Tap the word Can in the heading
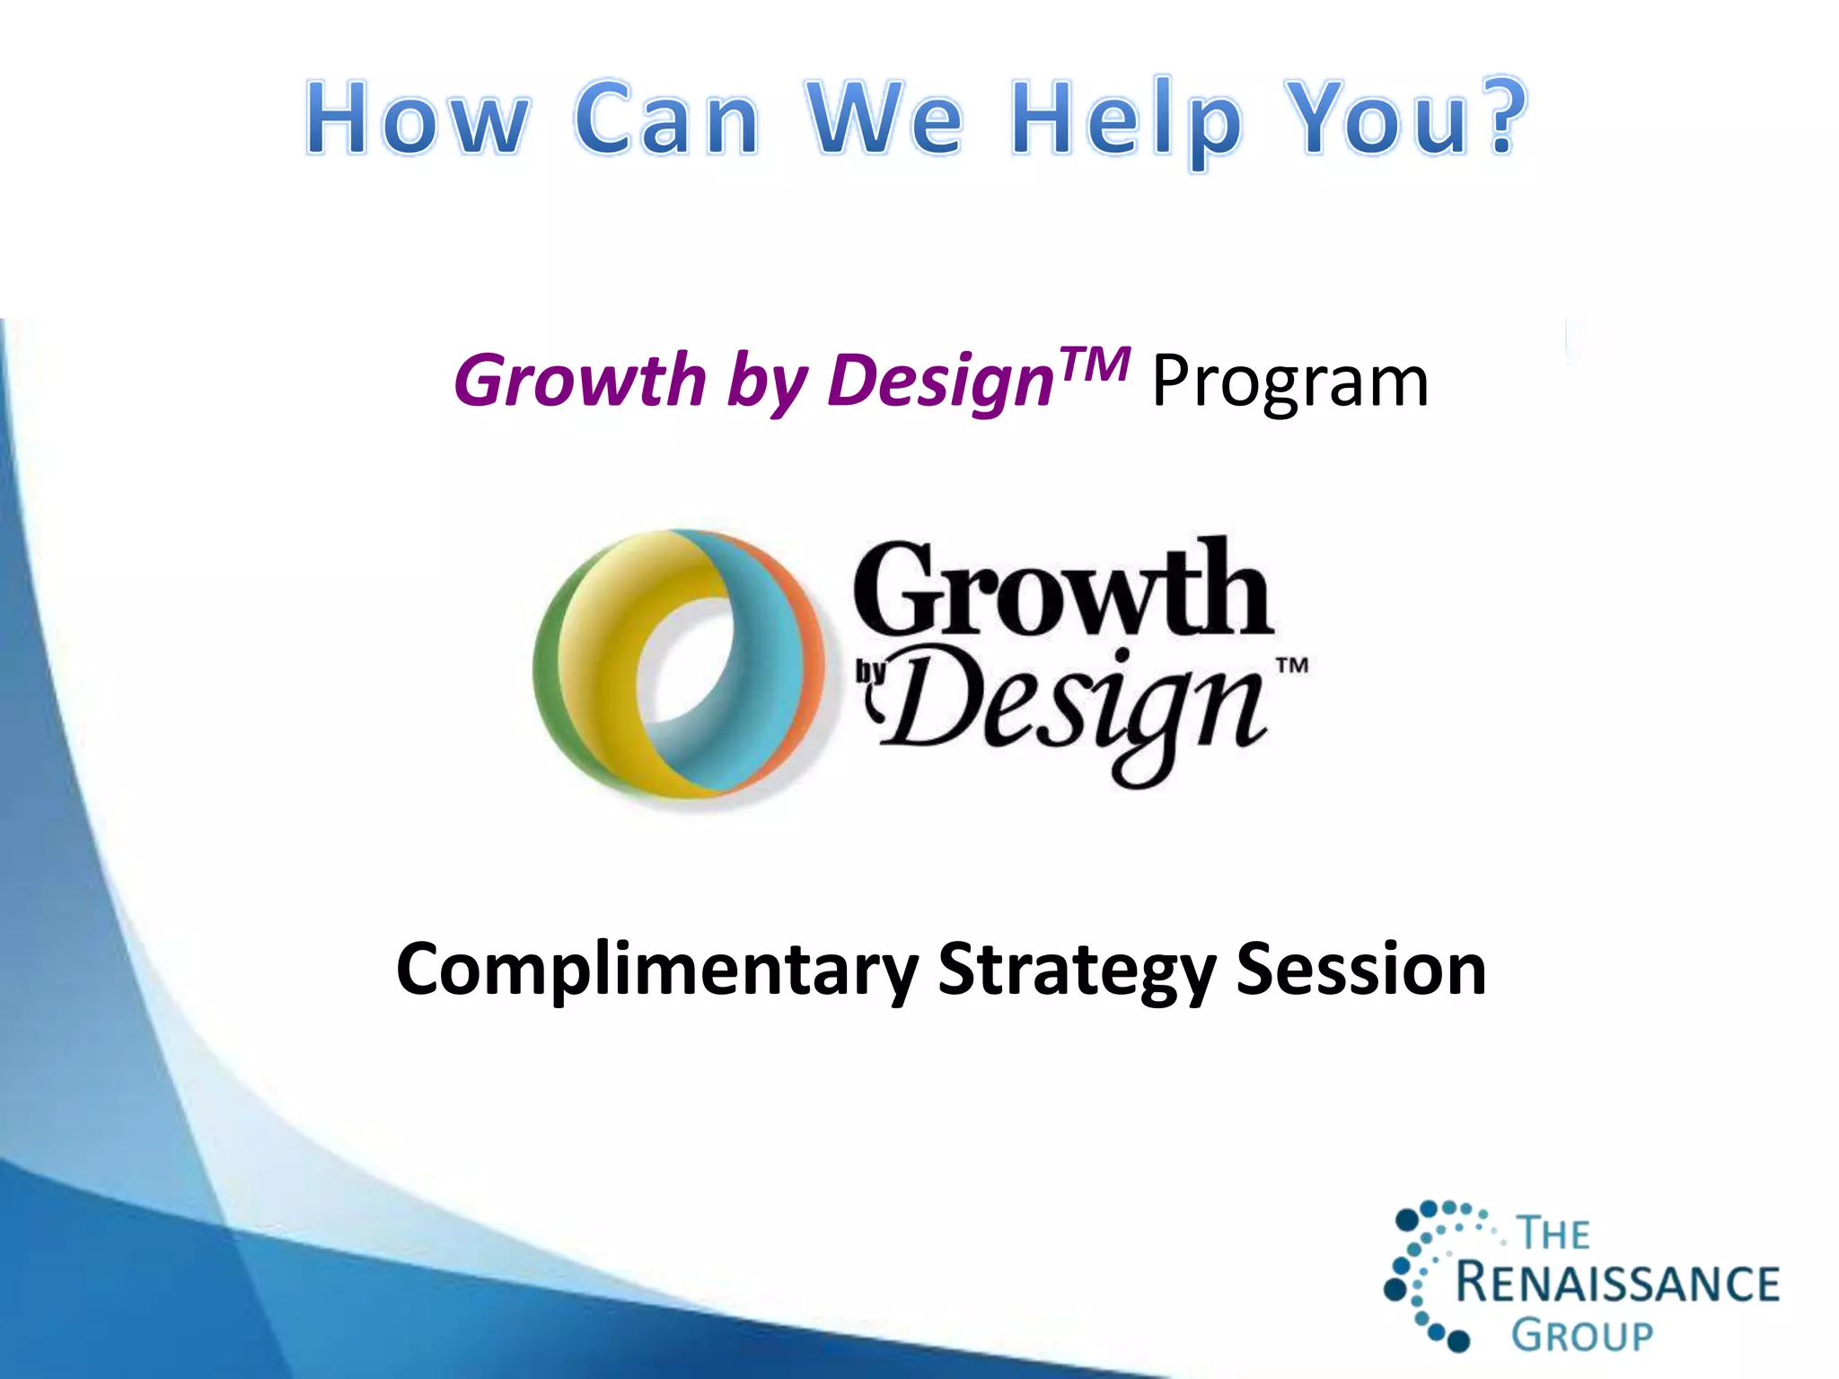[x=667, y=119]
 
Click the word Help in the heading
[x=1128, y=121]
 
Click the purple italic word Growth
[x=580, y=382]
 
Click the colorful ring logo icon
[x=678, y=664]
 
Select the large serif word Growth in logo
[x=1061, y=590]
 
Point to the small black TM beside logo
[x=1292, y=665]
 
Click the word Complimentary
[x=656, y=970]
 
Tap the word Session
[x=1360, y=970]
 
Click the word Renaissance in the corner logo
[x=1617, y=1283]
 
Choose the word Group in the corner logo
[x=1581, y=1335]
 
